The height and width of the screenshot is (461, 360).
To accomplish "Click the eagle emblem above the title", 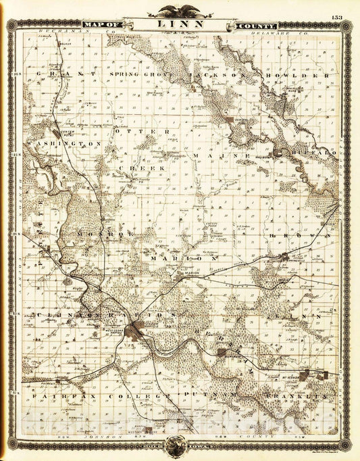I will pyautogui.click(x=180, y=10).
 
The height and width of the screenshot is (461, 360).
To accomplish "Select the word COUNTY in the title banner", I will pyautogui.click(x=248, y=25).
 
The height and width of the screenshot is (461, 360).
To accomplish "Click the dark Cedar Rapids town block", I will pyautogui.click(x=140, y=331).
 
